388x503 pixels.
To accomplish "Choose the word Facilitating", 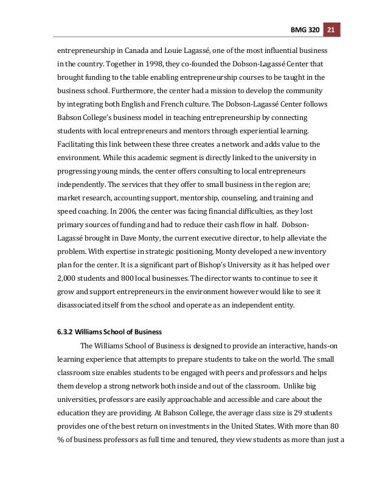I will coord(77,144).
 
